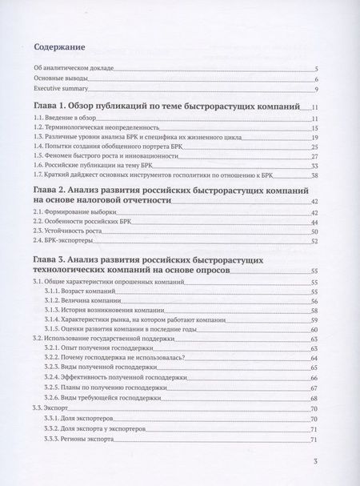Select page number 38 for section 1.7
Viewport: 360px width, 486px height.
click(x=315, y=176)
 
